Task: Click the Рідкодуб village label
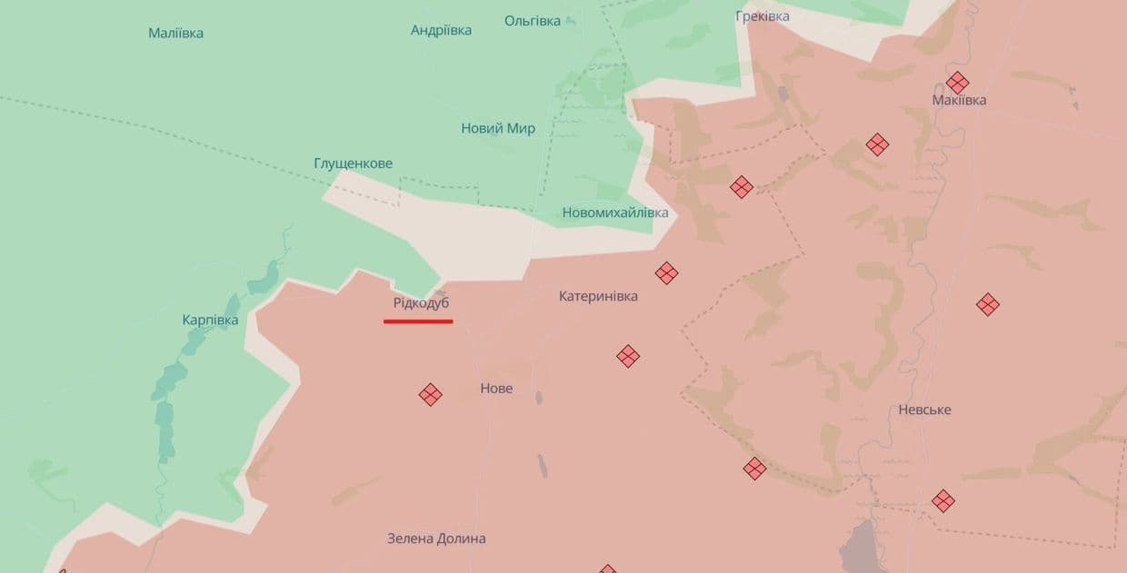[421, 303]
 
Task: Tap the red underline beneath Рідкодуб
[418, 321]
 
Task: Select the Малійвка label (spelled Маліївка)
[175, 34]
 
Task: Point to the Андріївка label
[441, 30]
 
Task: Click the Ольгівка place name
[533, 21]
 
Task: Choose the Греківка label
[762, 16]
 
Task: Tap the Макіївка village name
[959, 100]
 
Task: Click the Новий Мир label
[498, 128]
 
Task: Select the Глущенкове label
[353, 163]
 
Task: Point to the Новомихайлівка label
[614, 212]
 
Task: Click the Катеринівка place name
[598, 296]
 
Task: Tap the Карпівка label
[210, 321]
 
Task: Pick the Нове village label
[496, 389]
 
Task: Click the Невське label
[924, 410]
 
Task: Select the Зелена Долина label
[436, 538]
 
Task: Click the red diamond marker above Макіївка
[957, 83]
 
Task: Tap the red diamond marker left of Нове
[430, 394]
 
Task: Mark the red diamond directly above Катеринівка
[666, 272]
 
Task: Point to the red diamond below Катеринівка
[628, 356]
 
